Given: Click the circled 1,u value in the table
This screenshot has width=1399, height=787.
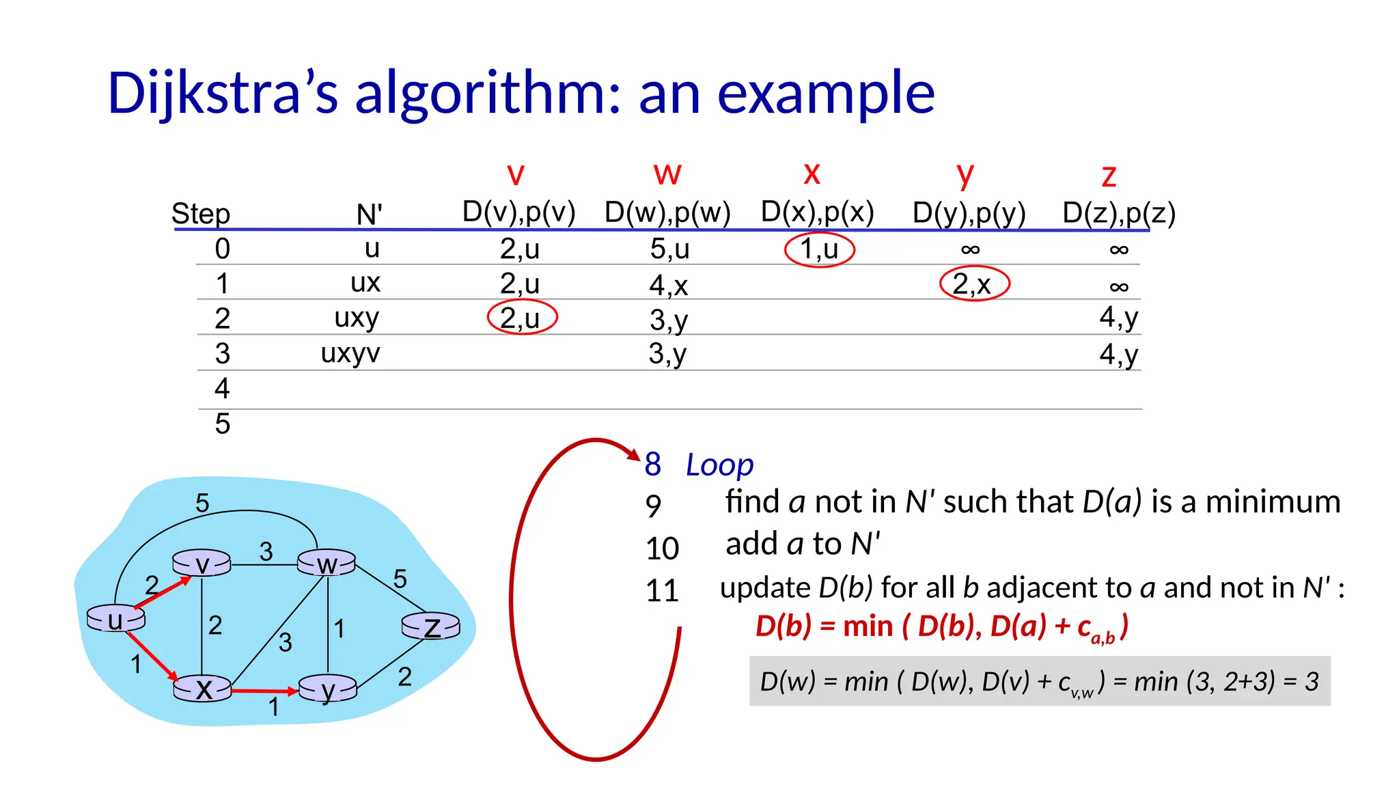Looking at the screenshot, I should [x=819, y=249].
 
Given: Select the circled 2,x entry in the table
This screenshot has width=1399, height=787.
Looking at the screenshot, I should [x=973, y=284].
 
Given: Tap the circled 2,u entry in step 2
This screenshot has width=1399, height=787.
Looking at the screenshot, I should [x=522, y=318].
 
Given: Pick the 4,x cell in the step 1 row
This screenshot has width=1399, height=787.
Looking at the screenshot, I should [x=668, y=285].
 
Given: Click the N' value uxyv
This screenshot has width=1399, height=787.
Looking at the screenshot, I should [x=350, y=354].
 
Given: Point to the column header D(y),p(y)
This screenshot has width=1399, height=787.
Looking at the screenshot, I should [x=969, y=213].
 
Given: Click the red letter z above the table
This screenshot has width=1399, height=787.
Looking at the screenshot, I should [x=1109, y=176].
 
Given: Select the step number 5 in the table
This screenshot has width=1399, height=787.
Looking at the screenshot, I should [x=223, y=424].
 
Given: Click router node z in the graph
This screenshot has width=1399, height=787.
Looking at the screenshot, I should [x=431, y=626].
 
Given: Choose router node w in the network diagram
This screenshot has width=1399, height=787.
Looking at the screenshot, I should [x=327, y=564].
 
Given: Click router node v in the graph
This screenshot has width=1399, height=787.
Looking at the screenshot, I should [x=202, y=564].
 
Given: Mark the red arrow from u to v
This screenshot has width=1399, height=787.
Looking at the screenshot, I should [x=163, y=592].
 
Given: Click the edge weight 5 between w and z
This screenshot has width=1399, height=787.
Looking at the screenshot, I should [x=400, y=579].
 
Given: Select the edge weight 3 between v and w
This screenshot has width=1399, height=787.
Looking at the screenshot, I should [x=266, y=551].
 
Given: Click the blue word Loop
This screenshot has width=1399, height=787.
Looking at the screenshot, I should [x=719, y=465].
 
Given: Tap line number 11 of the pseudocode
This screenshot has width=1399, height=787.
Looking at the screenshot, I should [x=661, y=590].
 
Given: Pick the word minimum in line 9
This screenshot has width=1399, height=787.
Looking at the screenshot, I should [x=1273, y=502].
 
